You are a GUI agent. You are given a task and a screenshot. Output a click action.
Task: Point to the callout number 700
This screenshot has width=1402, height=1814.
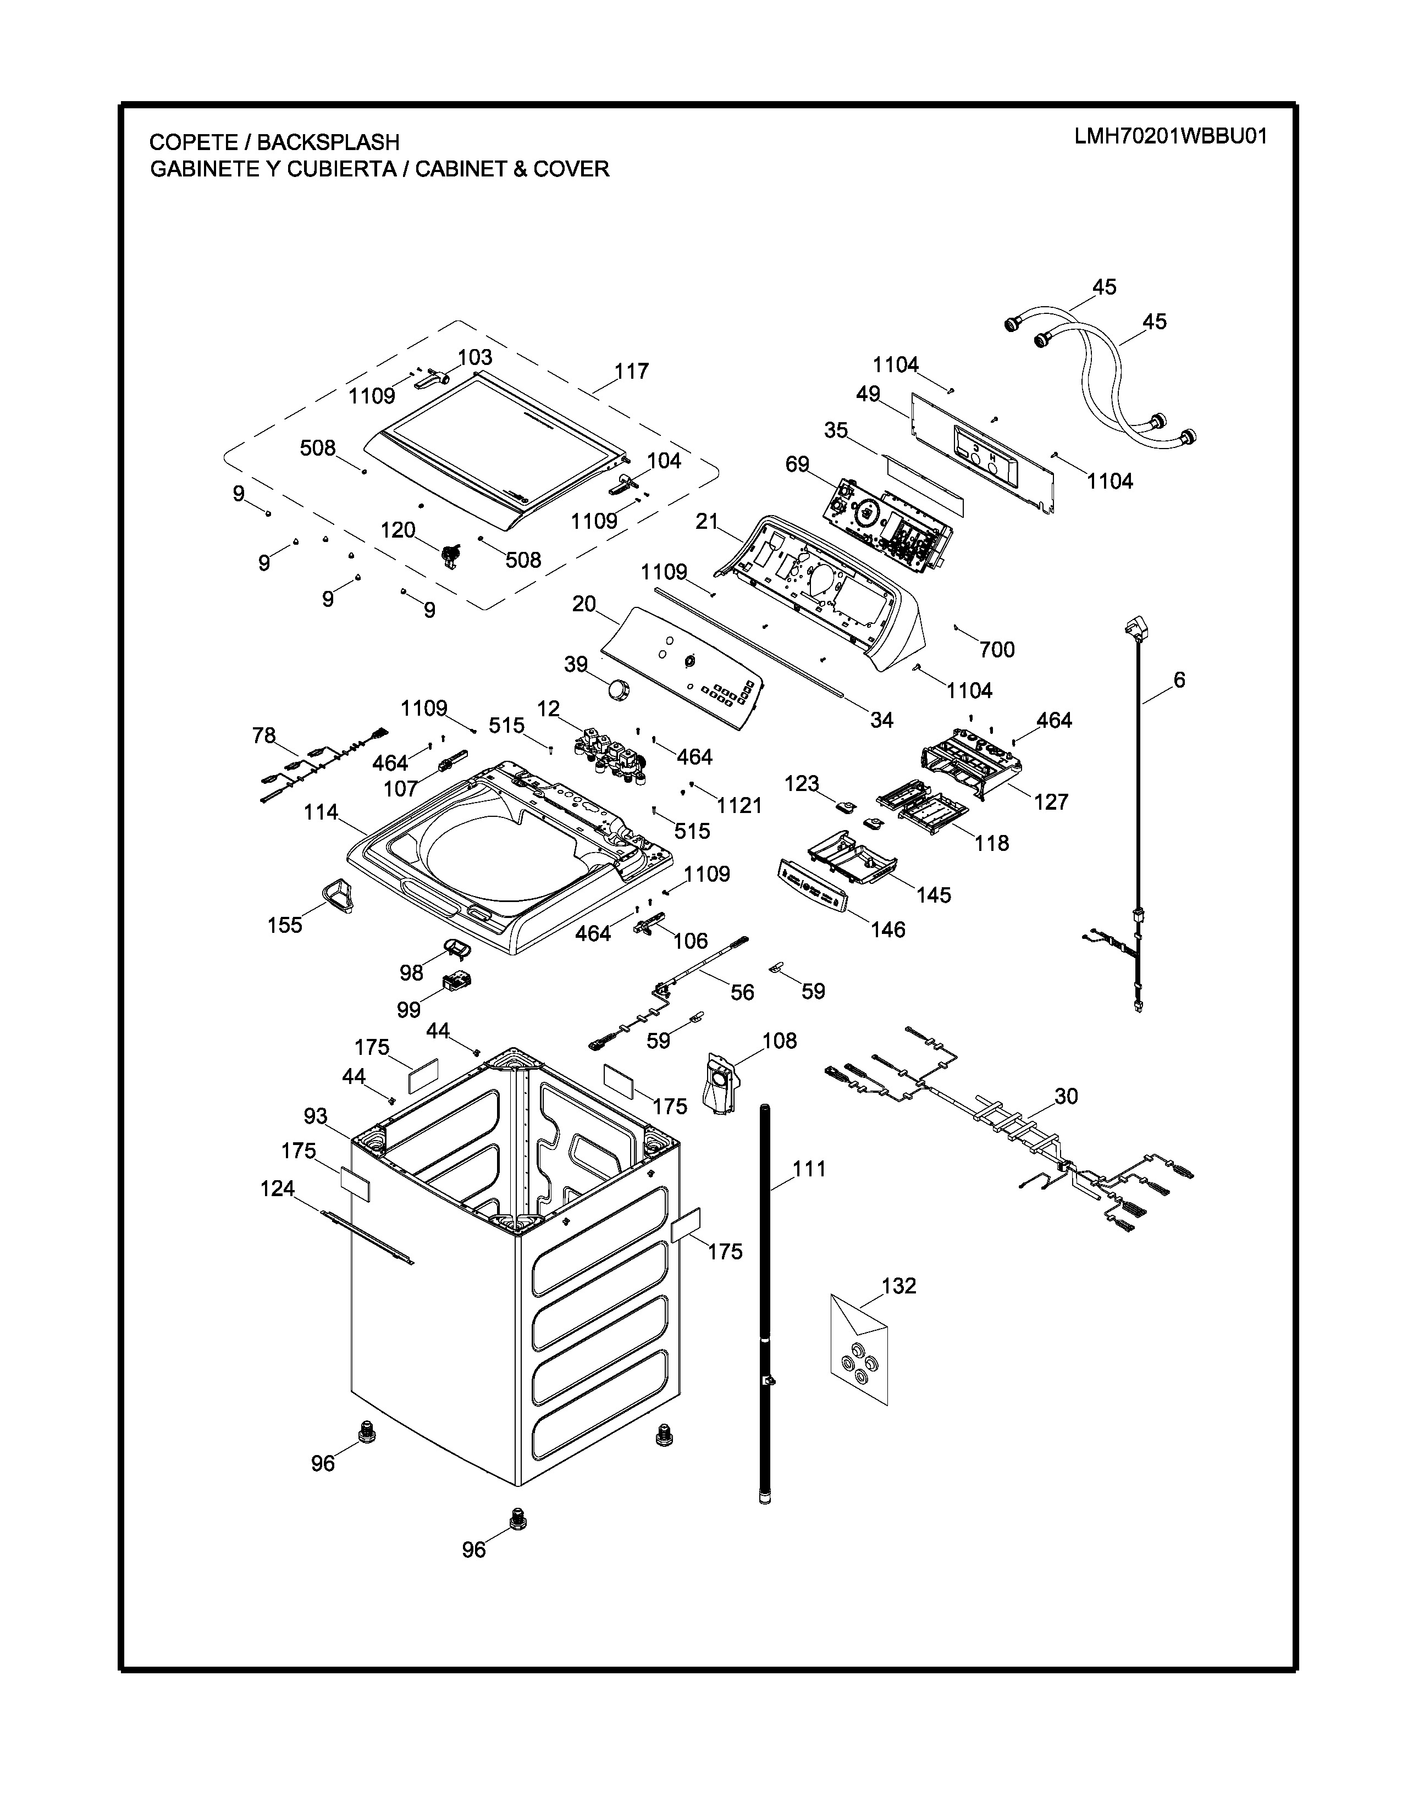[997, 650]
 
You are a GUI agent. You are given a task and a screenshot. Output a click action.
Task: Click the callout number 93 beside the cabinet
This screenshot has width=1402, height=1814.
[316, 1116]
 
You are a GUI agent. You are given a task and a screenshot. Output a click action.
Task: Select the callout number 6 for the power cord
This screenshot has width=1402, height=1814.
[1179, 681]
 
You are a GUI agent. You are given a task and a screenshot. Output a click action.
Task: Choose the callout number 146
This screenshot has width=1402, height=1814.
[888, 930]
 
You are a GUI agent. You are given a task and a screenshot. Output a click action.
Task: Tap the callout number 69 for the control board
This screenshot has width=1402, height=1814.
[797, 464]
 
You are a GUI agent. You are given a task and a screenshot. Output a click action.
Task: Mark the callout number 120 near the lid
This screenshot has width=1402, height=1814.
[398, 530]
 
